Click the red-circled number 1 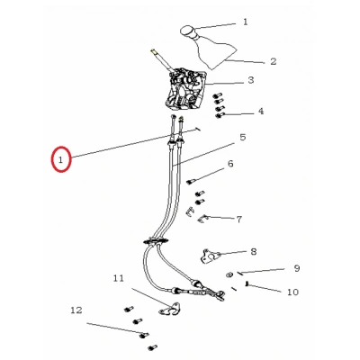pos(61,159)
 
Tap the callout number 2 pos(273,61)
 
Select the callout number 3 pos(251,80)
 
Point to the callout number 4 pos(261,112)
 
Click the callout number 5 pos(243,138)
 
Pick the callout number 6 pos(230,164)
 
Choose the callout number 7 pos(238,220)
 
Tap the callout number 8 pos(254,251)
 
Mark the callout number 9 pos(297,268)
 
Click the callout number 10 pos(292,292)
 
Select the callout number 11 pos(119,278)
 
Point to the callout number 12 pos(76,310)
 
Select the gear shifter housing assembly pos(185,90)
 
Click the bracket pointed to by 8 pos(210,257)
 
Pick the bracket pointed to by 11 pos(169,310)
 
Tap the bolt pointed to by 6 pos(191,182)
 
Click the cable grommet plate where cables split pos(155,241)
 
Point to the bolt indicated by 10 pos(247,283)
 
